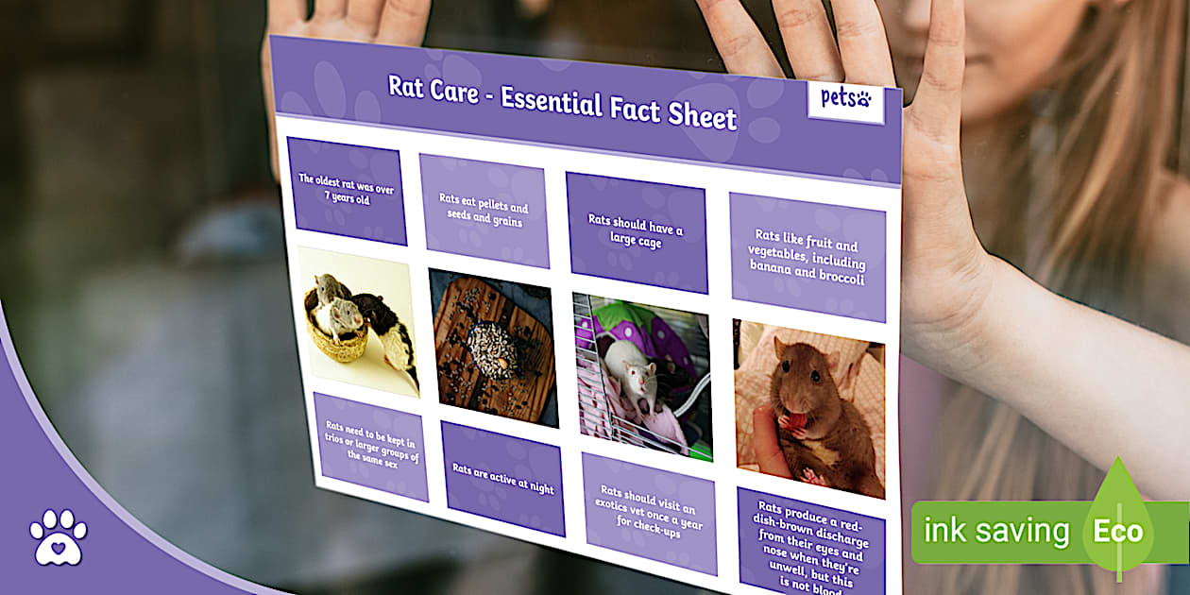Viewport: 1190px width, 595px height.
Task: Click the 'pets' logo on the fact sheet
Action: (x=846, y=100)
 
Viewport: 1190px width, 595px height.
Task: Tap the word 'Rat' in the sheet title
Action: (x=405, y=86)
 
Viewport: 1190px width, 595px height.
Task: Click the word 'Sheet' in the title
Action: (x=702, y=115)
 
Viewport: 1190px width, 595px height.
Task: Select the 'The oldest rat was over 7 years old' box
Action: (x=347, y=191)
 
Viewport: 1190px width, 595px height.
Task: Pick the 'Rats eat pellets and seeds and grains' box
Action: (x=484, y=211)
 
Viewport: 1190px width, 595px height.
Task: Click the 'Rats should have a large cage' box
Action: (x=637, y=232)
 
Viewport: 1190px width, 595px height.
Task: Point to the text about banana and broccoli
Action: (x=807, y=257)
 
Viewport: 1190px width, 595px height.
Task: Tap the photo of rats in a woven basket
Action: (x=359, y=322)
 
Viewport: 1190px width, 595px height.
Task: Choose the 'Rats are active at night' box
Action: (x=503, y=479)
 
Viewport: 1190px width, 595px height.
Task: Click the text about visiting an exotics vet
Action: (x=648, y=511)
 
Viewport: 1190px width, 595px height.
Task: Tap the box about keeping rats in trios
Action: (x=371, y=446)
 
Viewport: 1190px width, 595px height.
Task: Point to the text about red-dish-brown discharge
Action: (x=811, y=547)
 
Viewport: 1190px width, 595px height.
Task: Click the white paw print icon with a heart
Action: (x=59, y=536)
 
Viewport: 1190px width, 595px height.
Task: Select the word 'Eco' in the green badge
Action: (x=1118, y=532)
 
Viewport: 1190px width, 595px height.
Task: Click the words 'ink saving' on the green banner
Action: (x=996, y=531)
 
